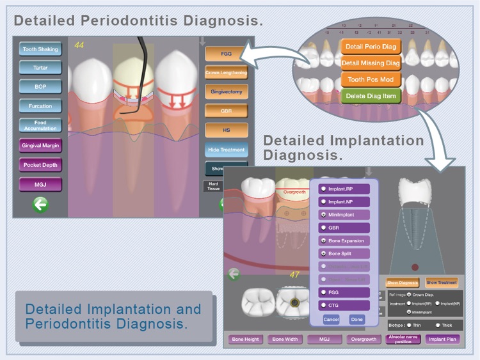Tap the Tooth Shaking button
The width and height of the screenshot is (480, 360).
click(40, 49)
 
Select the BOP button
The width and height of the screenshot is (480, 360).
click(40, 86)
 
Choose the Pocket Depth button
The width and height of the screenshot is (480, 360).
click(40, 165)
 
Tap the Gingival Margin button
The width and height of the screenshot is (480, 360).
click(40, 145)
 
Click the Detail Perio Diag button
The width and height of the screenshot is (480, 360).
click(371, 47)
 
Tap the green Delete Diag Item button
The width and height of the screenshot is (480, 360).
click(371, 96)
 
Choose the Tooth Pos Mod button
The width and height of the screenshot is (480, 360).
click(371, 80)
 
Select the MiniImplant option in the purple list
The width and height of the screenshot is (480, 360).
click(344, 215)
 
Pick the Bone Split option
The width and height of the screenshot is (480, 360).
click(344, 254)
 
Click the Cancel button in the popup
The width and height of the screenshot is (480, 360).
click(331, 319)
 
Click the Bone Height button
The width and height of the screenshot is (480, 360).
click(246, 339)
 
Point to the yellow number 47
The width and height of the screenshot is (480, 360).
click(294, 275)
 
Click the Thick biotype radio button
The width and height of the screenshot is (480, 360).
click(438, 325)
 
